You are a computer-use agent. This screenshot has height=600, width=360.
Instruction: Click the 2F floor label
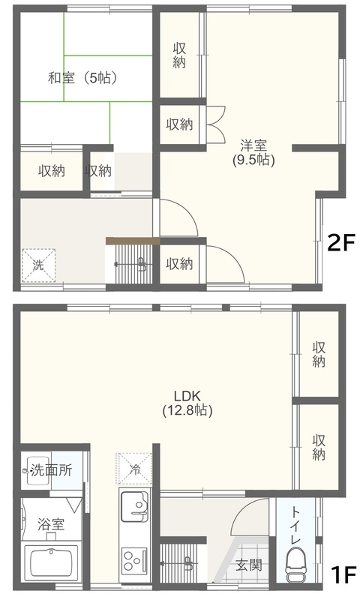pyautogui.click(x=341, y=242)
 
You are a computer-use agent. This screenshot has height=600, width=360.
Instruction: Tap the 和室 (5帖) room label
pyautogui.click(x=82, y=78)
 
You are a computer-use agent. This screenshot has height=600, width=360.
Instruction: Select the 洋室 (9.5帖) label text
pyautogui.click(x=253, y=153)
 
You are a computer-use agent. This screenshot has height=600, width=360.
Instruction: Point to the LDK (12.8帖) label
pyautogui.click(x=187, y=403)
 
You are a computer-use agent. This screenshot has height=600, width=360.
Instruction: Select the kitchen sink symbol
pyautogui.click(x=135, y=507)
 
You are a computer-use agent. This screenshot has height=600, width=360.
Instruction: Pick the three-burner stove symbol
pyautogui.click(x=134, y=560)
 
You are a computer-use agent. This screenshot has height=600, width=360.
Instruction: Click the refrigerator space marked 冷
pyautogui.click(x=134, y=469)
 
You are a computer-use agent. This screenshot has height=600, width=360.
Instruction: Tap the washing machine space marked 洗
pyautogui.click(x=38, y=265)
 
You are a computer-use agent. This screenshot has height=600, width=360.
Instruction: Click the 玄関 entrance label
pyautogui.click(x=249, y=565)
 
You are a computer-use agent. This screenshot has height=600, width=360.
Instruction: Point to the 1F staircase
pyautogui.click(x=179, y=562)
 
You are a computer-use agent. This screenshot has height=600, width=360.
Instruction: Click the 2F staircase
pyautogui.click(x=132, y=264)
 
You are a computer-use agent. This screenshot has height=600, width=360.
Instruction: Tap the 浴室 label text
pyautogui.click(x=51, y=523)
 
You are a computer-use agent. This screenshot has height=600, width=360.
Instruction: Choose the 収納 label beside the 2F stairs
pyautogui.click(x=179, y=264)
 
